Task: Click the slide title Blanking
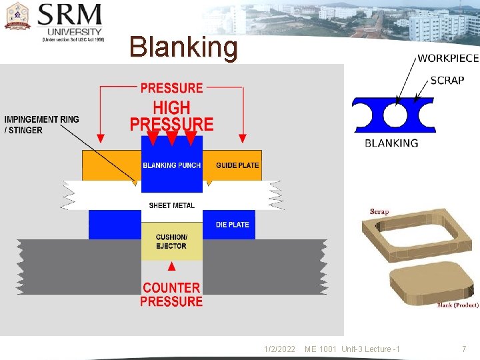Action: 183,47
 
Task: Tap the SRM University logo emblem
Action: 18,17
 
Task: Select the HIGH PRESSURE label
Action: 171,116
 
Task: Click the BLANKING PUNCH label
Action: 171,165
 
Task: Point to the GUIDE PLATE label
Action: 237,165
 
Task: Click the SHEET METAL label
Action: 172,205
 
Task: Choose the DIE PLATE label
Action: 233,225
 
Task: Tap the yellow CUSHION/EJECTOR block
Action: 171,241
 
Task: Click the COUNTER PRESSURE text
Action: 171,295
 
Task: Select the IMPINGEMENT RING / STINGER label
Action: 41,125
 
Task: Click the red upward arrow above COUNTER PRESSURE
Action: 171,267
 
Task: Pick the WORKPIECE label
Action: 448,58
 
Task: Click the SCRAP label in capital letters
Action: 447,80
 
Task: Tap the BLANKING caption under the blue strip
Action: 391,143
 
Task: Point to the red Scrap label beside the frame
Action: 379,212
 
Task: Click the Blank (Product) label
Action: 457,305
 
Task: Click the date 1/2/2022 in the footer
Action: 279,349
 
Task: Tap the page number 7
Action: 464,349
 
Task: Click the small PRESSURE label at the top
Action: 171,88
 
